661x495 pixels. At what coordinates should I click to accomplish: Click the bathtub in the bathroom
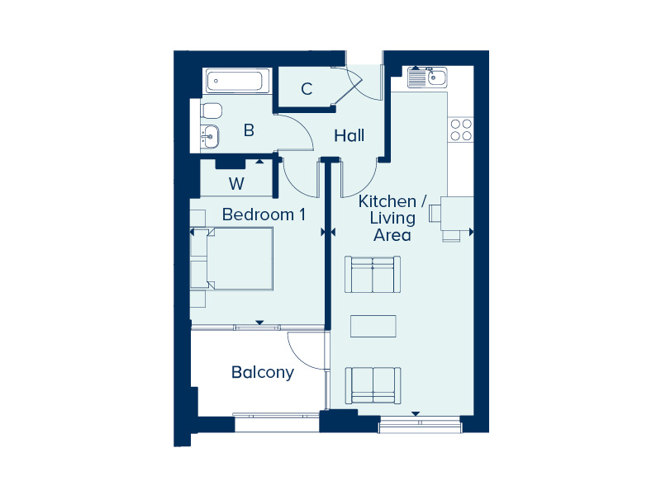238,80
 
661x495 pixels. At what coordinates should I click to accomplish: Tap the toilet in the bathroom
212,111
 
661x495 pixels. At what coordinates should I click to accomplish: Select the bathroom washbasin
210,136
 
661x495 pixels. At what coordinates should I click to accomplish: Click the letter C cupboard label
307,89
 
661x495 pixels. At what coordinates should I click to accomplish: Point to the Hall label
349,135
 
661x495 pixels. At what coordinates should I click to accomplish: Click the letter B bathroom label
250,130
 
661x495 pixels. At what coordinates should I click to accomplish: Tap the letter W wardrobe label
236,183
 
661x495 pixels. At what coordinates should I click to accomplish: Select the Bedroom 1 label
264,214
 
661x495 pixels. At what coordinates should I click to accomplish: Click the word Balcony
263,373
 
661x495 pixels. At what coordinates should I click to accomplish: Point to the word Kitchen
387,201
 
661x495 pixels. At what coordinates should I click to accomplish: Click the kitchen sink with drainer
427,77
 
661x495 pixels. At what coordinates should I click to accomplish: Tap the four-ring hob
461,130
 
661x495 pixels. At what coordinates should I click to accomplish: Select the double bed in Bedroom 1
231,259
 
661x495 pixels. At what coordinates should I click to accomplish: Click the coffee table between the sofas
373,326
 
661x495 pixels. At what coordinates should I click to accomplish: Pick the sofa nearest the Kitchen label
373,274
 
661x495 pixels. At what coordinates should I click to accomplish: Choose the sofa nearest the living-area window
373,385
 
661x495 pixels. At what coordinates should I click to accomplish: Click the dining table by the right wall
457,214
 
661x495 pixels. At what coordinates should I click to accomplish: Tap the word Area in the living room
392,235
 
